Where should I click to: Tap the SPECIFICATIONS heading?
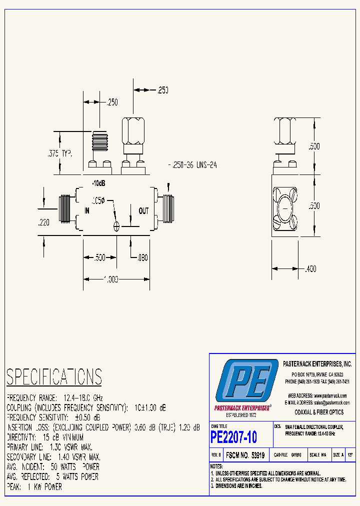pyautogui.click(x=54, y=376)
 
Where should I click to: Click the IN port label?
pyautogui.click(x=86, y=211)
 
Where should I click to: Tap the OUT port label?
pyautogui.click(x=143, y=211)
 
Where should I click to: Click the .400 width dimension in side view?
pyautogui.click(x=310, y=269)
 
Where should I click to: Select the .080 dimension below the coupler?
pyautogui.click(x=142, y=258)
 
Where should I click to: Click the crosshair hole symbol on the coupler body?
pyautogui.click(x=116, y=226)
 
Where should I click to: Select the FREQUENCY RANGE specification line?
pyautogui.click(x=54, y=398)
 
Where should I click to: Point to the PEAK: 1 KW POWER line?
pyautogui.click(x=34, y=486)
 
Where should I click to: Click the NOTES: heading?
pyautogui.click(x=217, y=466)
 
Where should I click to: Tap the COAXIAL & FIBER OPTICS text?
pyautogui.click(x=319, y=412)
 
